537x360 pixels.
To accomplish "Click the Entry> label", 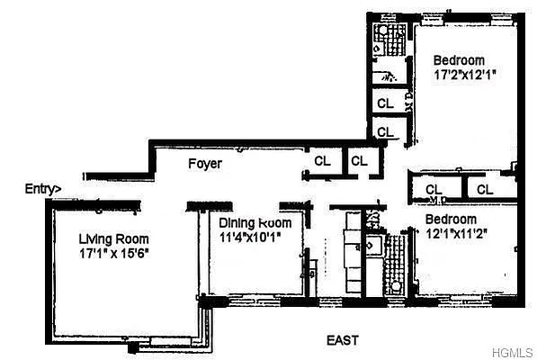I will (x=43, y=189).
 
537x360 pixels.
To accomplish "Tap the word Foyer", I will (x=205, y=165).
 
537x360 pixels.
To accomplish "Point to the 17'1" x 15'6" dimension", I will (x=112, y=253).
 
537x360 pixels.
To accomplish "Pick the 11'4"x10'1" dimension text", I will (x=251, y=238).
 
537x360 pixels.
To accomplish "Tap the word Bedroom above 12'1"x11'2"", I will (x=452, y=219).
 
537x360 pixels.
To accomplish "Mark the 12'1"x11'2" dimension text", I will (x=455, y=233).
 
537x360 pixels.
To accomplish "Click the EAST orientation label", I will (x=343, y=340).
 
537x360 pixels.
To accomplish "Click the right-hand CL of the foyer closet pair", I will (x=360, y=161).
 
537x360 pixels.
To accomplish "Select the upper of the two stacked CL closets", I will (x=386, y=103).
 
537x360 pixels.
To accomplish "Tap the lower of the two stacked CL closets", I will (x=386, y=132).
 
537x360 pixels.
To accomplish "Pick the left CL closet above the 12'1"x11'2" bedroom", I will (x=434, y=189).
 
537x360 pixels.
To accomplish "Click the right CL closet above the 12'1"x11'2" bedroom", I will (x=485, y=189).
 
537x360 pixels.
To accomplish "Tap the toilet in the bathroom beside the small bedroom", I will (x=394, y=287).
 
